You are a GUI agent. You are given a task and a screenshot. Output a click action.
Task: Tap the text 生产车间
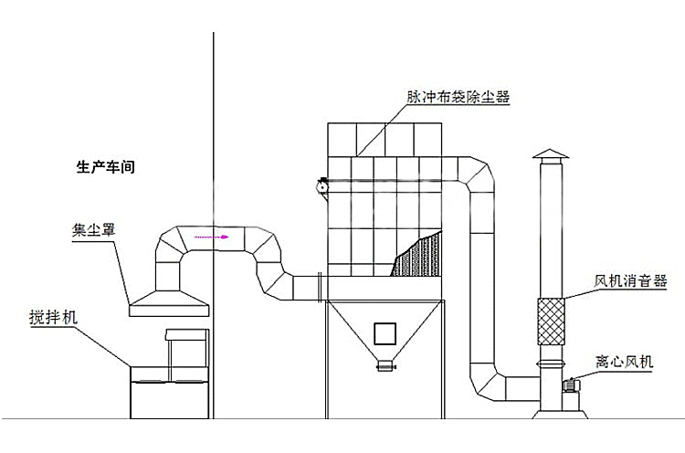tap(105, 167)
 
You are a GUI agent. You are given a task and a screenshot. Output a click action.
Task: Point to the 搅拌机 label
tap(53, 318)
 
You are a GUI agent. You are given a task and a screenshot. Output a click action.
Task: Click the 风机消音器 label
tap(630, 281)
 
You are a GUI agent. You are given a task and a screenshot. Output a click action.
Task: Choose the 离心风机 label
tap(625, 362)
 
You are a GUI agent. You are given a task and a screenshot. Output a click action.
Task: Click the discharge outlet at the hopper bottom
tap(385, 365)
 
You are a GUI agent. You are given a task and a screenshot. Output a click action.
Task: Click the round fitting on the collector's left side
tap(321, 184)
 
